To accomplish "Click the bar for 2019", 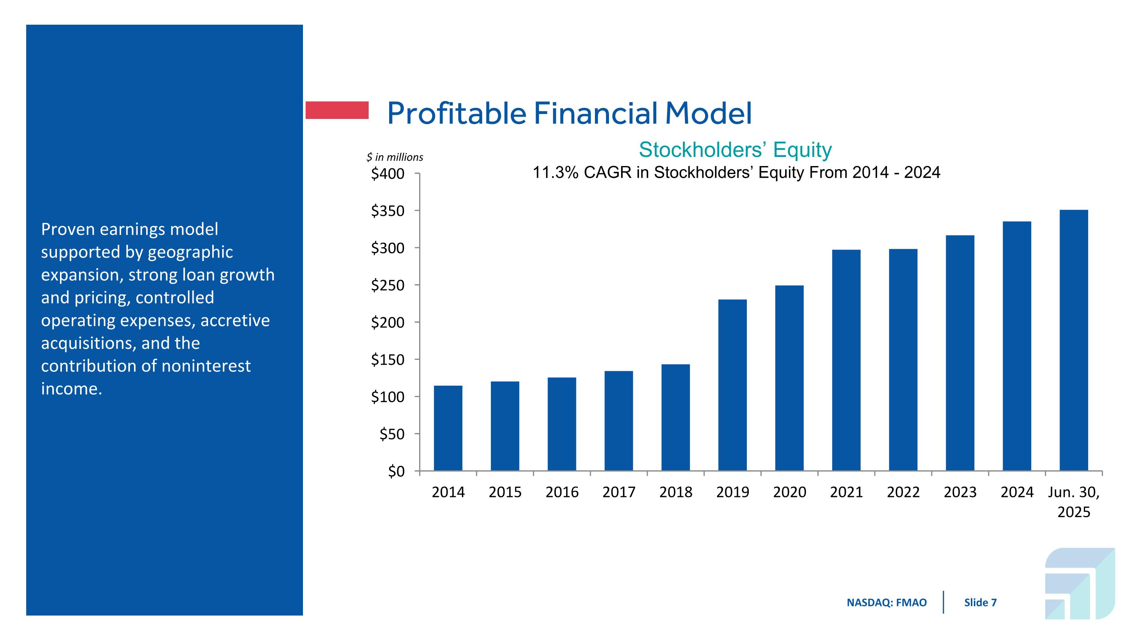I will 732,385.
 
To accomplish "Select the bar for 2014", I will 448,428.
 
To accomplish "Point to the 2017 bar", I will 618,420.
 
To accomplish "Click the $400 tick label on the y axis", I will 388,174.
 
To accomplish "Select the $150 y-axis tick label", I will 388,360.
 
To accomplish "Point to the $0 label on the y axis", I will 396,472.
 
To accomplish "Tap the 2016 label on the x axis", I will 562,492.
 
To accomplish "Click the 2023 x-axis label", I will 960,492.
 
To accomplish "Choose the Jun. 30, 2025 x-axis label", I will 1074,502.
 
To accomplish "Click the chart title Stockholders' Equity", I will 735,150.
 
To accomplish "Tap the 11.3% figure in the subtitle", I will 555,173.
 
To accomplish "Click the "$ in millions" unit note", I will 394,157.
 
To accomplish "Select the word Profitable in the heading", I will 457,113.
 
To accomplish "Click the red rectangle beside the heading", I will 337,110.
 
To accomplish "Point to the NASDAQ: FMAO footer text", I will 887,603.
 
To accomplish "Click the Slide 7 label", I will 980,603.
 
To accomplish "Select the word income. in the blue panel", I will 72,389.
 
